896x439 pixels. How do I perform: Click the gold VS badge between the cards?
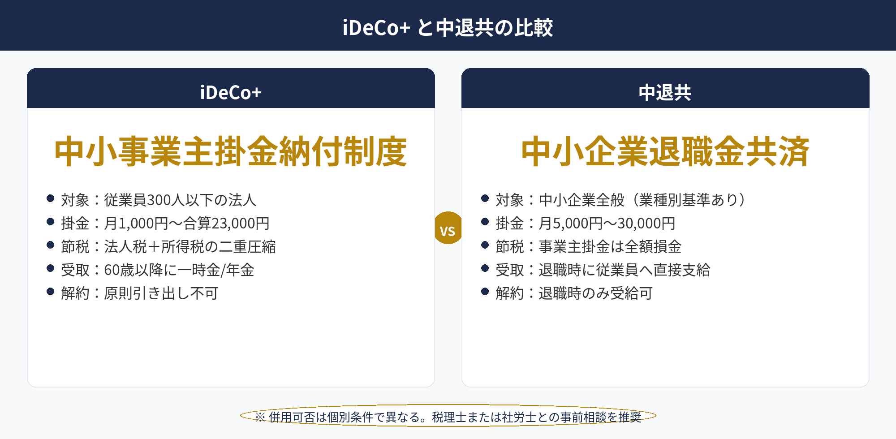448,228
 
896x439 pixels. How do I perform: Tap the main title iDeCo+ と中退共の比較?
448,27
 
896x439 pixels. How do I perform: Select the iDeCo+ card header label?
231,92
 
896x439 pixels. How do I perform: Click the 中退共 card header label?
665,92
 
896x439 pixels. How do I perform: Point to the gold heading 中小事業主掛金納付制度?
231,152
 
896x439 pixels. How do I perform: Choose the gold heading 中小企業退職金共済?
665,152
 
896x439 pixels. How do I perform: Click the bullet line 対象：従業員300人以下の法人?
159,200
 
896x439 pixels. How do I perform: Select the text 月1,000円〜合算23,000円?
187,223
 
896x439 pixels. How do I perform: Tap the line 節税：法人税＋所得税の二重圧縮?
168,246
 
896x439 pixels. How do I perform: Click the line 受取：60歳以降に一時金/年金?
158,270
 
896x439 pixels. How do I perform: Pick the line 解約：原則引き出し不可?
140,293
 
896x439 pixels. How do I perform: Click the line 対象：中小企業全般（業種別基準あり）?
621,200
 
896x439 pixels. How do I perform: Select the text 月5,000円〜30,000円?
607,223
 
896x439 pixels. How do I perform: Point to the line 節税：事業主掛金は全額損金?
589,246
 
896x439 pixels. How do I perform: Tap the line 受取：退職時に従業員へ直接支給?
603,270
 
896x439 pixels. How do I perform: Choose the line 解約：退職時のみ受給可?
574,293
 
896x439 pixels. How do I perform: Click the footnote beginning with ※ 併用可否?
448,417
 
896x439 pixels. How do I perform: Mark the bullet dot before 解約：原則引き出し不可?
51,292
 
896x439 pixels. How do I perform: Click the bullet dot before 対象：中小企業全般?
485,198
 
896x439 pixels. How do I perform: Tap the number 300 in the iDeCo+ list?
159,200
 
